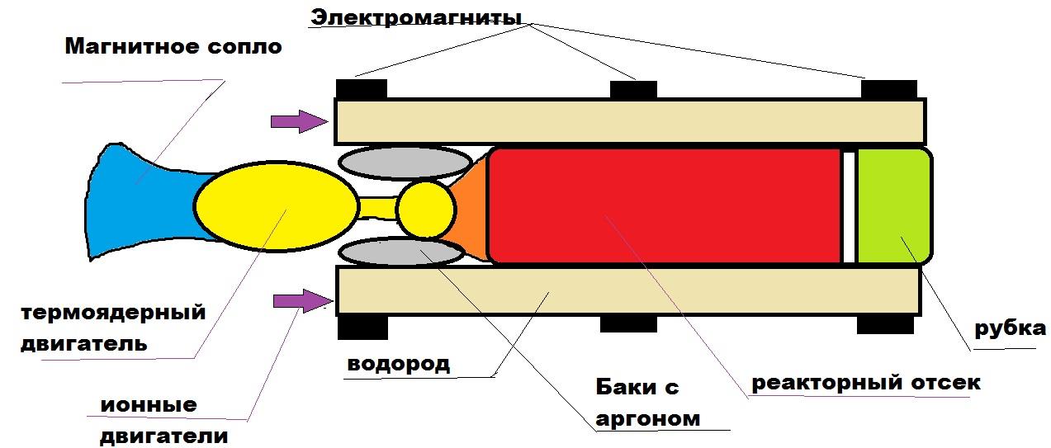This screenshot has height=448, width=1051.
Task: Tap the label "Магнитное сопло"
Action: coord(173,46)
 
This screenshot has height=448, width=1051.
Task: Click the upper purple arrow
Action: coord(297,122)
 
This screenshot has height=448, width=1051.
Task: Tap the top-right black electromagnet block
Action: coord(889,88)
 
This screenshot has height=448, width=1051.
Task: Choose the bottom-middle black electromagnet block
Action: coord(628,323)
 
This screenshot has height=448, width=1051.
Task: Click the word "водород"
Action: coord(398,364)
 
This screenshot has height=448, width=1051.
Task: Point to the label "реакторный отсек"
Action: coord(865,383)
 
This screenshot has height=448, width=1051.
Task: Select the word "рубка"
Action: coord(1010,329)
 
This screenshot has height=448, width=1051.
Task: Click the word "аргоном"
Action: coord(647,418)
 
